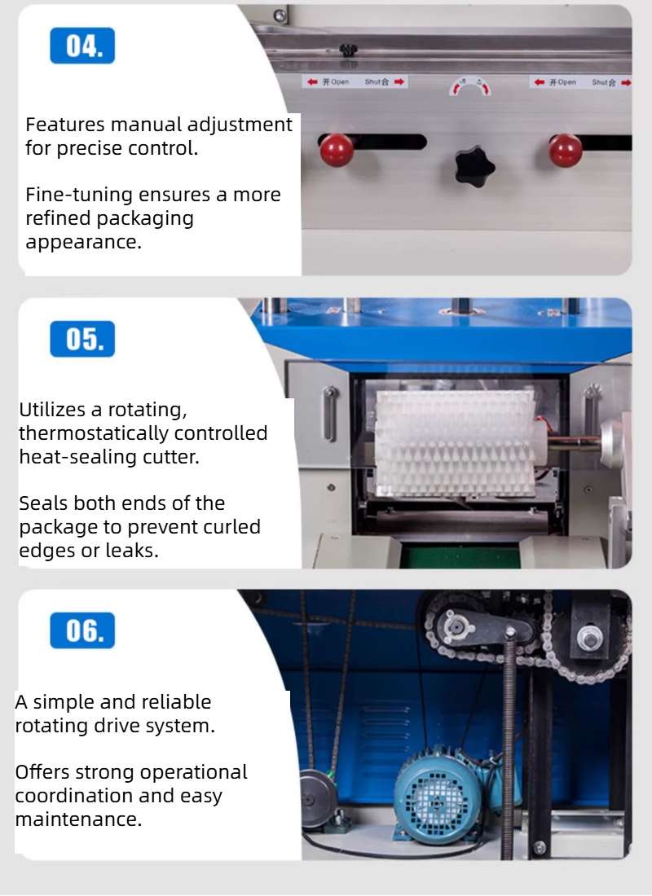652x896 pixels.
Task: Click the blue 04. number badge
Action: pyautogui.click(x=82, y=46)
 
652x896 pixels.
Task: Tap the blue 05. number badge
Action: pyautogui.click(x=82, y=339)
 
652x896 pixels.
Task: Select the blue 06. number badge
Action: pyautogui.click(x=82, y=631)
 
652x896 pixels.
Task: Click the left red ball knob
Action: pyautogui.click(x=336, y=150)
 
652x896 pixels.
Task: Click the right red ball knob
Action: pyautogui.click(x=565, y=150)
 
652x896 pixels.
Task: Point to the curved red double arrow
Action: pyautogui.click(x=470, y=86)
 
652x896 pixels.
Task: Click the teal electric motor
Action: pyautogui.click(x=439, y=794)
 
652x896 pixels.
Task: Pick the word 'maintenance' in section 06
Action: pyautogui.click(x=78, y=819)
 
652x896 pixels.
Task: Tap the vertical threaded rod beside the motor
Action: pyautogui.click(x=509, y=733)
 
